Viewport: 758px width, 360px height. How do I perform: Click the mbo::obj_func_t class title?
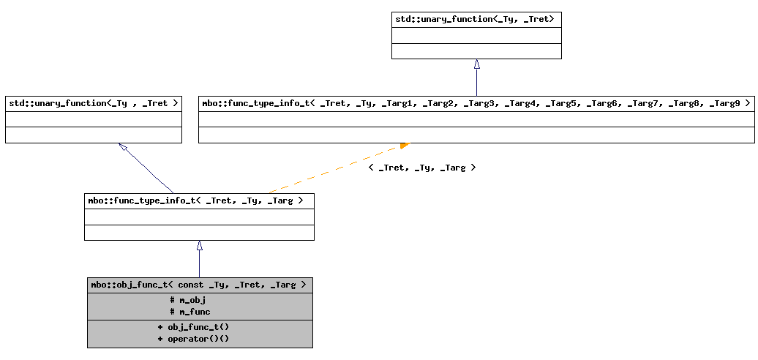point(199,285)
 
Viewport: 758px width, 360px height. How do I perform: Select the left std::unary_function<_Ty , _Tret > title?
point(93,103)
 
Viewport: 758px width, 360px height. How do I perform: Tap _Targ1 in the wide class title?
point(397,103)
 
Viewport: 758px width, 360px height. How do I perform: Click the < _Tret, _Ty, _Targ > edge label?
point(421,168)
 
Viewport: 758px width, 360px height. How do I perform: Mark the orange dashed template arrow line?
point(329,171)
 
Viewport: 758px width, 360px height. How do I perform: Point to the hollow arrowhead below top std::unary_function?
point(476,64)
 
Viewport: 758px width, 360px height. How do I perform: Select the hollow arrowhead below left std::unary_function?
point(123,147)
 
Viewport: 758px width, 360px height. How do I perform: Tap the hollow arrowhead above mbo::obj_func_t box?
point(199,246)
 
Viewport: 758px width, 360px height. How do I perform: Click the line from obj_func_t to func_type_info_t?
point(199,263)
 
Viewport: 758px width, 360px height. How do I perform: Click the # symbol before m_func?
point(172,312)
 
